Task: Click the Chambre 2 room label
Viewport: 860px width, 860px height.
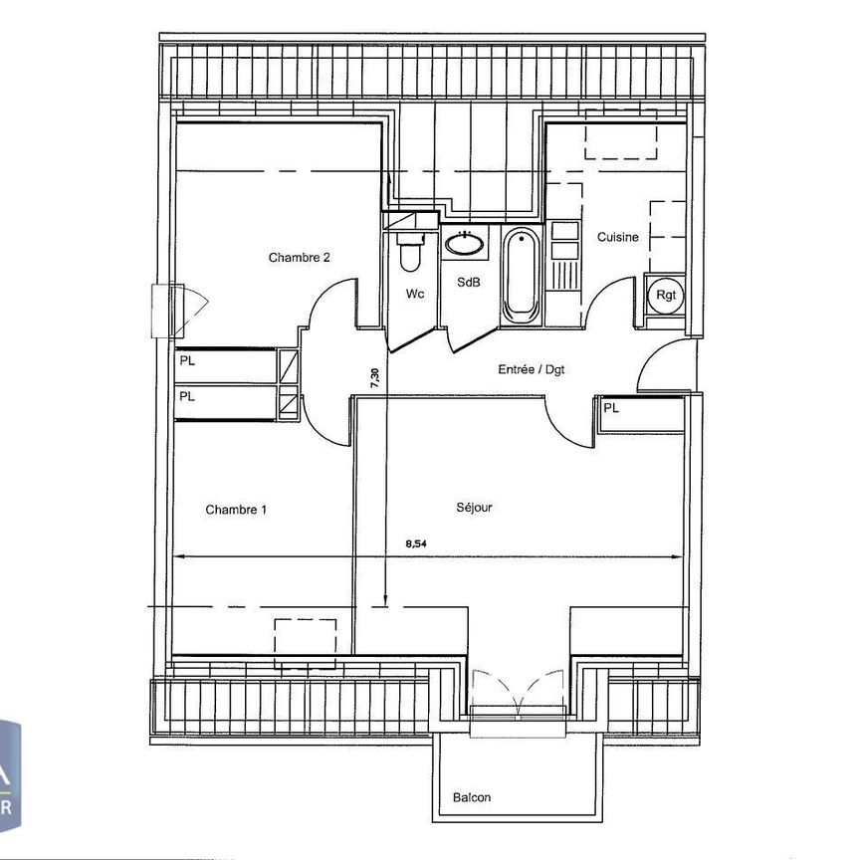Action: (299, 257)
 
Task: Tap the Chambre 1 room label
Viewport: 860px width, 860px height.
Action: (236, 510)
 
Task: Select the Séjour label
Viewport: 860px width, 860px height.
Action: (474, 507)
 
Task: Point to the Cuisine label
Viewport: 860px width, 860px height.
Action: (617, 237)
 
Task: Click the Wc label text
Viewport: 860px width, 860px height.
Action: (415, 294)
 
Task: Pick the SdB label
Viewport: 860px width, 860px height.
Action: (469, 283)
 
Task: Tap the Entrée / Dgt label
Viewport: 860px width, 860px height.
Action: (532, 369)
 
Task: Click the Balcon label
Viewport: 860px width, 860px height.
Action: (472, 797)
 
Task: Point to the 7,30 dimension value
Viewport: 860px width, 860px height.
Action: (374, 379)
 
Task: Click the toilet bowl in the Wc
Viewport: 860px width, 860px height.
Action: (409, 253)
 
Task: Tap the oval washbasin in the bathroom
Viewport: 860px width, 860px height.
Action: (463, 242)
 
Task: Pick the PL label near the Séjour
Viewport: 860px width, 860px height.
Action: (610, 407)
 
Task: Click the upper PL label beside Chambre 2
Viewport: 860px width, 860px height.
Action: (187, 361)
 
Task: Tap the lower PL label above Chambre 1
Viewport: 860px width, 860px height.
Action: (187, 395)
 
